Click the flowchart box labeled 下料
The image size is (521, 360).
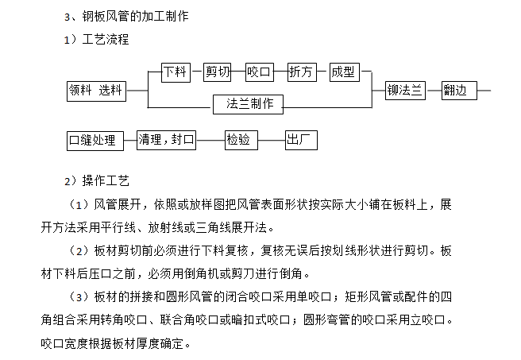point(176,72)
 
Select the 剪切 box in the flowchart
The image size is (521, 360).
point(218,72)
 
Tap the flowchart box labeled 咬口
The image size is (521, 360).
point(259,72)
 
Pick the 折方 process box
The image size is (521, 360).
point(301,72)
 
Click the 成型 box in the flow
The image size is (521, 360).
point(343,72)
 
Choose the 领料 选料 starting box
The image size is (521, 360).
point(95,91)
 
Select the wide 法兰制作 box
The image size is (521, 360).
point(249,103)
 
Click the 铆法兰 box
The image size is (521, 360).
point(404,91)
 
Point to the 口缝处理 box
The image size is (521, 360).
point(93,141)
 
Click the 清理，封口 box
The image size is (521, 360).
point(166,140)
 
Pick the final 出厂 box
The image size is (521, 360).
point(303,140)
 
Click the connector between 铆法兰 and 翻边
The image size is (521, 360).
point(433,91)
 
